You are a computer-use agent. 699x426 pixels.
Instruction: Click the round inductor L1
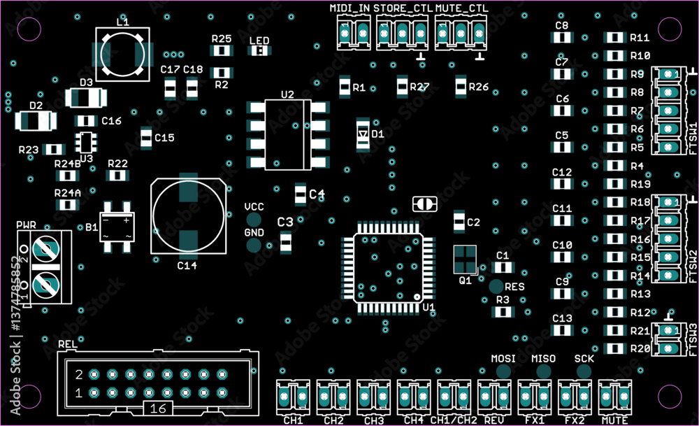(x=122, y=54)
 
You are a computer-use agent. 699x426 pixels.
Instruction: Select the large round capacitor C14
(x=188, y=216)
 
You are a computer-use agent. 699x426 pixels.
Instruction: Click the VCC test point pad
(x=254, y=220)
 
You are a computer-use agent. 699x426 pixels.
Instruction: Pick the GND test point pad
(x=254, y=245)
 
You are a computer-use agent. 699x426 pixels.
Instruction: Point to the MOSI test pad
(x=503, y=371)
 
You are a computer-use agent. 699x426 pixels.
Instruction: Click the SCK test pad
(x=584, y=371)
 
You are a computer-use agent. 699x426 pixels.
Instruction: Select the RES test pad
(x=496, y=286)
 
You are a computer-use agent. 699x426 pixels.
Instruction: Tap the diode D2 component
(x=36, y=121)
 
